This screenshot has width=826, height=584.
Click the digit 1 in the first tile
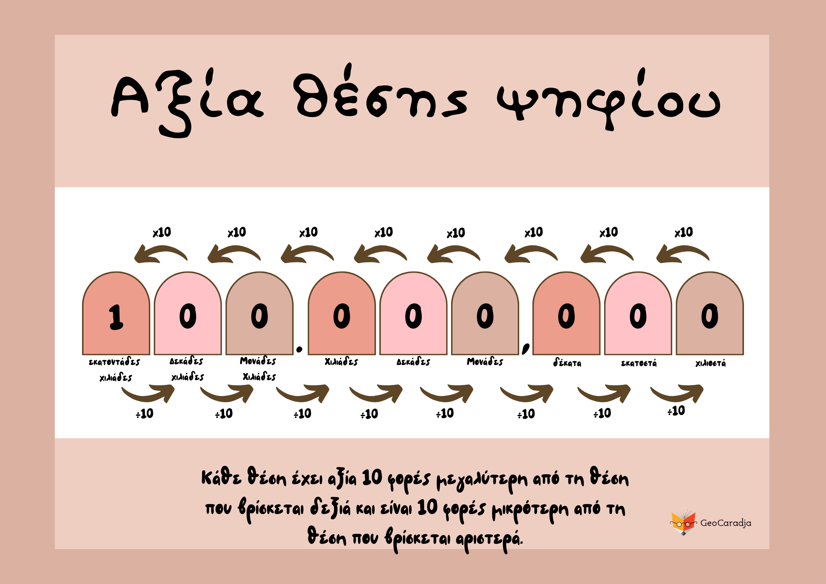click(x=116, y=316)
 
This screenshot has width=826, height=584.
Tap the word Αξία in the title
click(x=187, y=101)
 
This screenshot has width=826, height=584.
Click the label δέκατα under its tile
click(x=567, y=362)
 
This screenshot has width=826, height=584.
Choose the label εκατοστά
click(x=639, y=363)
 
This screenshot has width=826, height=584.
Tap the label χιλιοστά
click(x=710, y=363)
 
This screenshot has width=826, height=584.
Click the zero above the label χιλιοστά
click(x=709, y=316)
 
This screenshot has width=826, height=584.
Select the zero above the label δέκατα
click(x=566, y=316)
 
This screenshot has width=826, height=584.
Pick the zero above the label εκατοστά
click(x=638, y=316)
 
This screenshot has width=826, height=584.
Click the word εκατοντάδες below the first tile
click(x=114, y=362)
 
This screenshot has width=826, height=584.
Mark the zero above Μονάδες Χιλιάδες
click(x=259, y=316)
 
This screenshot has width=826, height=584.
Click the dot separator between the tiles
click(x=299, y=349)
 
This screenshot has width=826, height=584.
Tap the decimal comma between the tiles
click(x=526, y=348)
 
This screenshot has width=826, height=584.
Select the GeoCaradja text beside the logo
click(x=726, y=523)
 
